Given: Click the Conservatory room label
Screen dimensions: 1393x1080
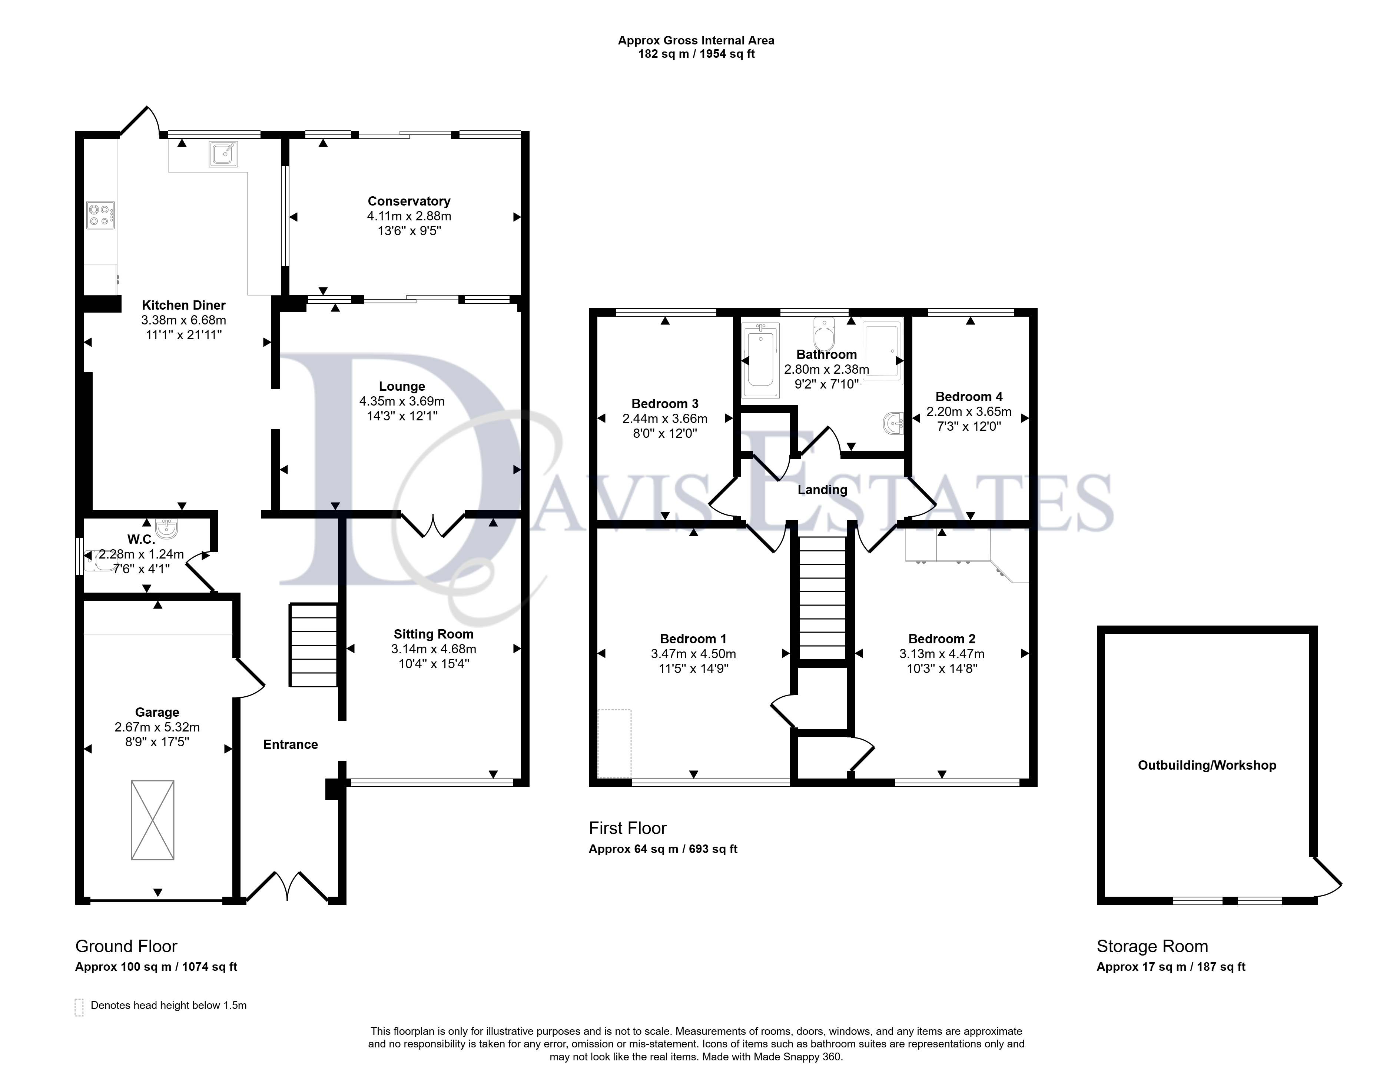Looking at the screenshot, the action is point(409,201).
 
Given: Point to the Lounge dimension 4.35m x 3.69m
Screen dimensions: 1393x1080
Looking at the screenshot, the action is point(402,401).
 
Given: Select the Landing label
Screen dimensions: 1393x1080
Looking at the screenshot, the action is point(822,490).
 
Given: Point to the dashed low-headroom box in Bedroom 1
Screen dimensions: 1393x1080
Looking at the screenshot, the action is point(615,743).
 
